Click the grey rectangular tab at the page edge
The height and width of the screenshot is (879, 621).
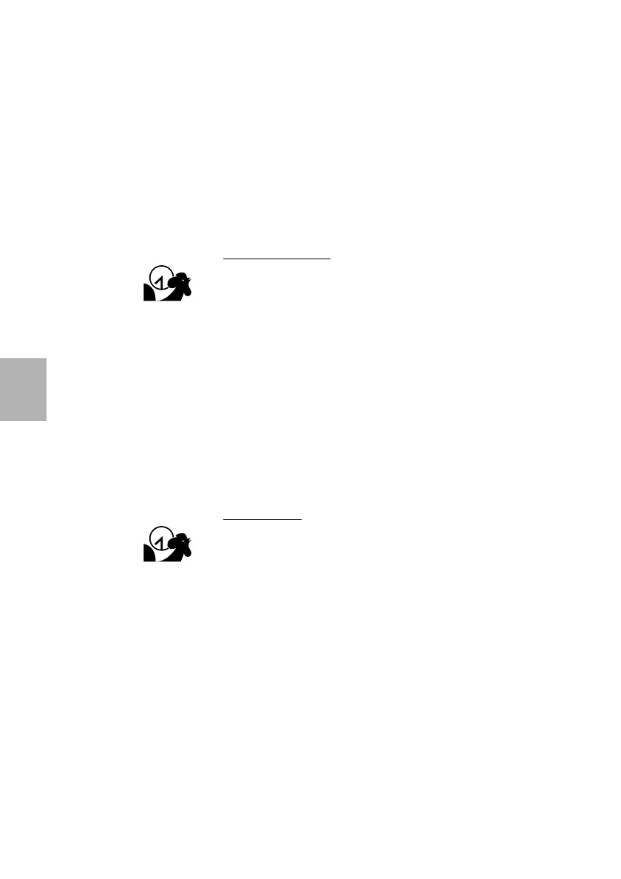23,389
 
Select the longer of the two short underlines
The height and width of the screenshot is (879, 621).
277,259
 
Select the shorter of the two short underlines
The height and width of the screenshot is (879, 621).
262,519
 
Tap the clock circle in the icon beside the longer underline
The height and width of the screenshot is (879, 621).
160,277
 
